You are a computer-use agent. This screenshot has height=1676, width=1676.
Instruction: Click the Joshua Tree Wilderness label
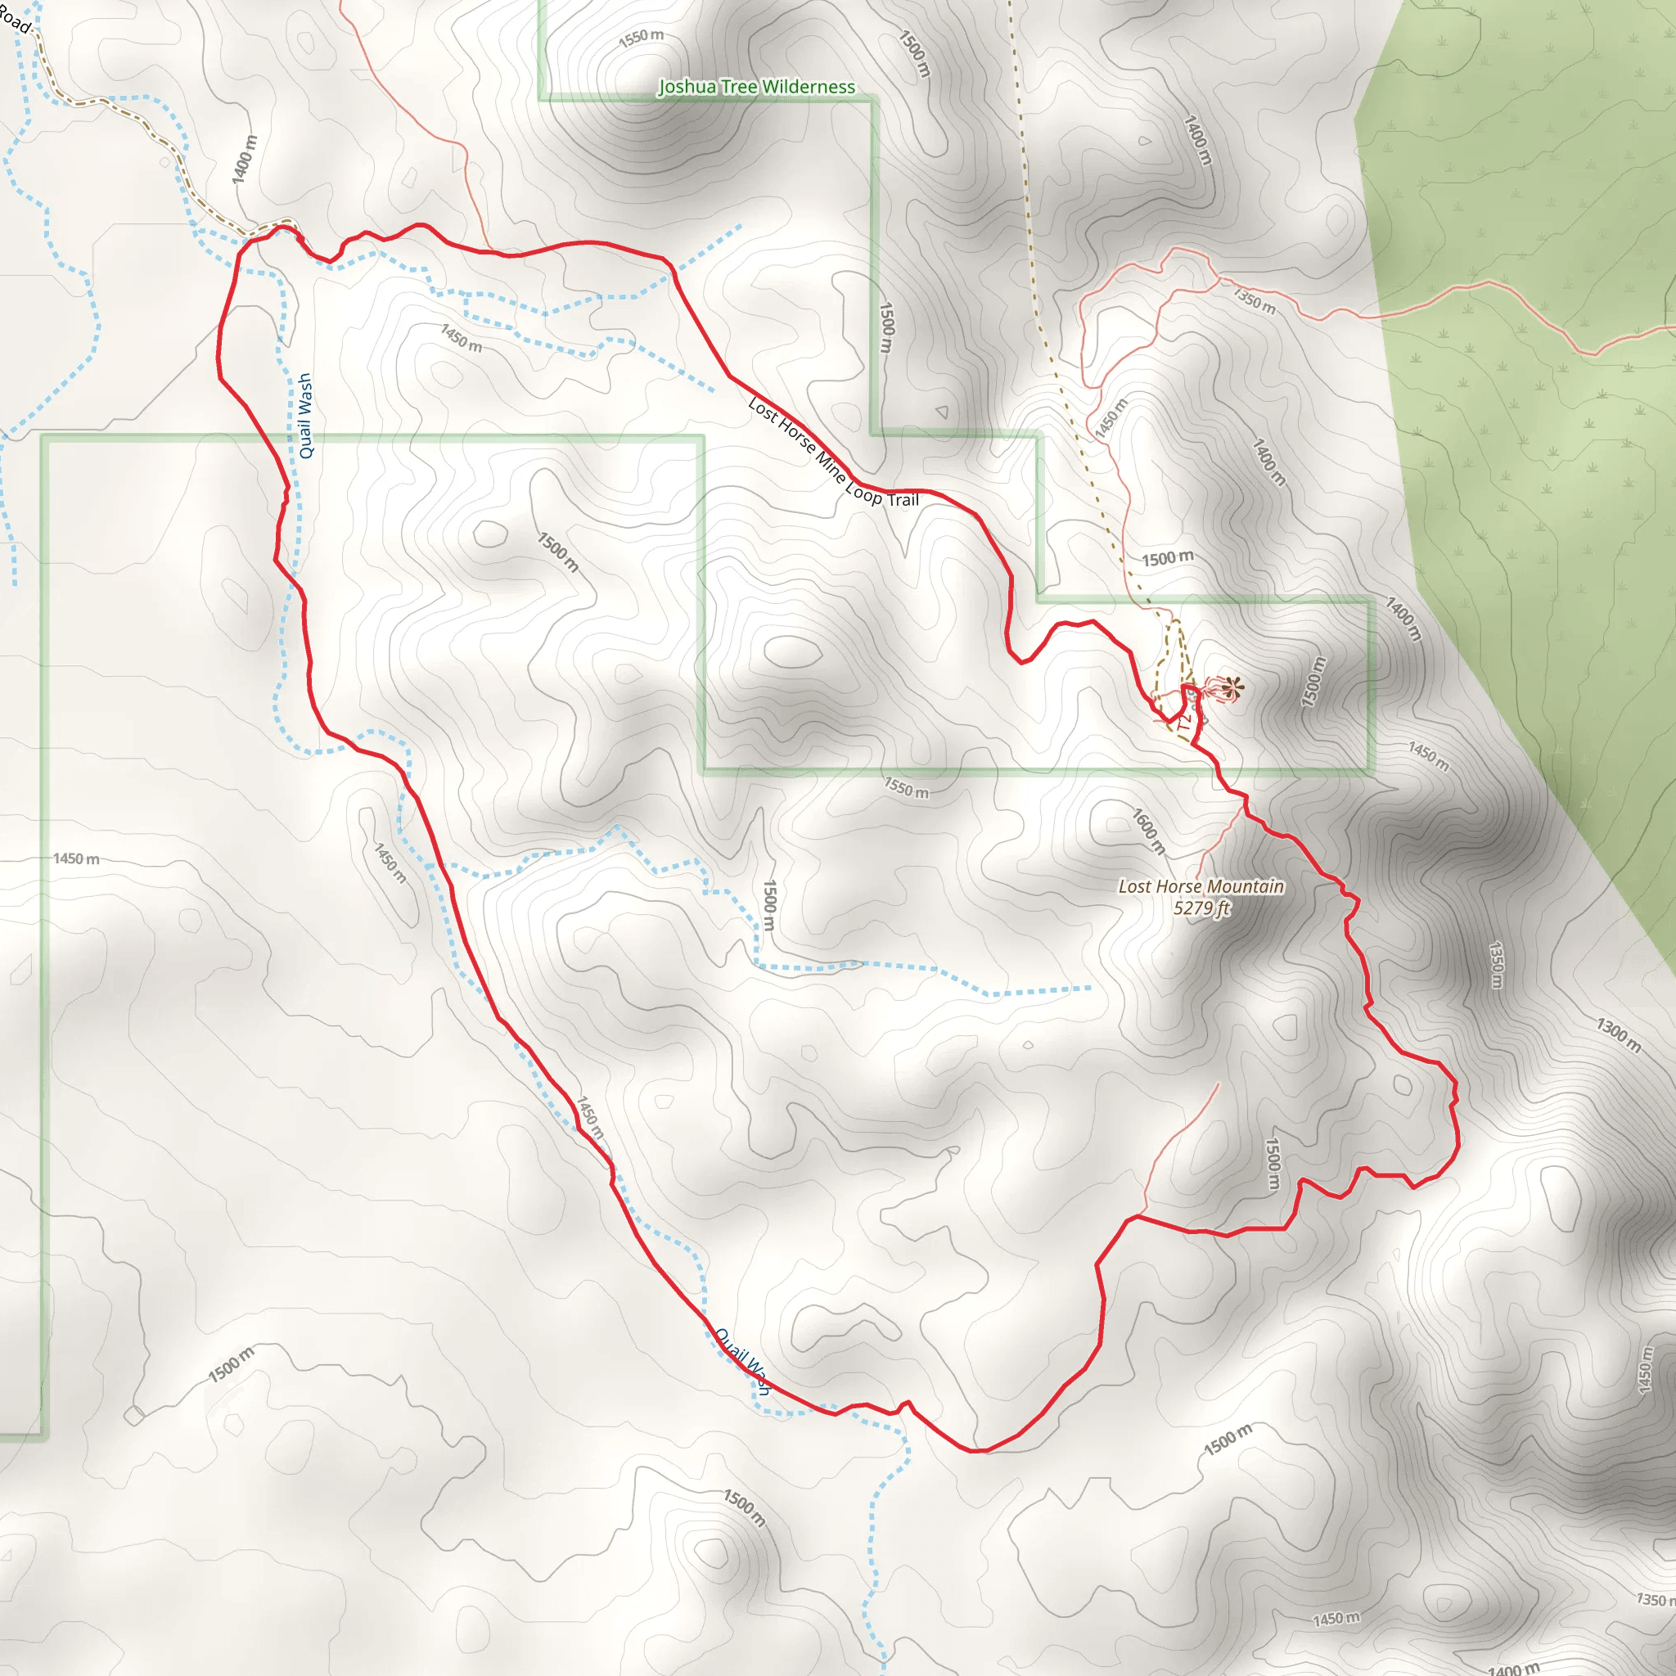(x=756, y=87)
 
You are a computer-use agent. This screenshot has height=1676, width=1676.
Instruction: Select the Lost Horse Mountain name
(x=1201, y=886)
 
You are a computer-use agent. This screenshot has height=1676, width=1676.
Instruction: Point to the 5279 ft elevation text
(x=1201, y=908)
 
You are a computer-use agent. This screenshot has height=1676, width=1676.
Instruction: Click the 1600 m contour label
(x=1148, y=830)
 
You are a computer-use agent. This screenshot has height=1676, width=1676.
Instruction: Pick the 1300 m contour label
(x=1619, y=1035)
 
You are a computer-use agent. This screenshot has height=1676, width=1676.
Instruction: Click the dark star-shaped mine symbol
(x=1231, y=689)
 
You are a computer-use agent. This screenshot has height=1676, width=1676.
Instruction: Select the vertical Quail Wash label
(x=304, y=416)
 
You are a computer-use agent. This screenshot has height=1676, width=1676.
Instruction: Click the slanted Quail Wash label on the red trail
(x=742, y=1361)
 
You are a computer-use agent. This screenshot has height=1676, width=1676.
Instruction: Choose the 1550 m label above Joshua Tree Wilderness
(x=641, y=38)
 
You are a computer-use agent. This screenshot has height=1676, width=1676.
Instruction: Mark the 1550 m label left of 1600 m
(x=906, y=788)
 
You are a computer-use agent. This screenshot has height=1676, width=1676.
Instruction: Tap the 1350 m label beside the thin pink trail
(x=1255, y=301)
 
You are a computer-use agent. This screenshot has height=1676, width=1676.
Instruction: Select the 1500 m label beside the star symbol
(x=1313, y=681)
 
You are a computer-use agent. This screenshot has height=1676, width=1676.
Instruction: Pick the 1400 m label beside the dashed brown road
(x=245, y=159)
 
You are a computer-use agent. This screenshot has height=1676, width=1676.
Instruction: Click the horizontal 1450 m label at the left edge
(x=76, y=858)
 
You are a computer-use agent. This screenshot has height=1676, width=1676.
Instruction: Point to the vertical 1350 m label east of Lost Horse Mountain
(x=1497, y=965)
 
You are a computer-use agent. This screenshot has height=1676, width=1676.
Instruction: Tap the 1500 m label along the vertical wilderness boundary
(x=885, y=327)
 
